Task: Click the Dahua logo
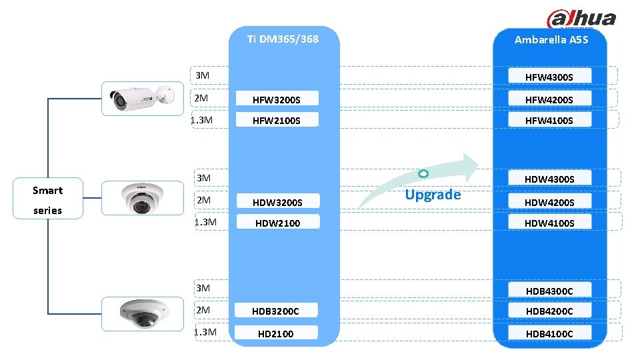point(581,19)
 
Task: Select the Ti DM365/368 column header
point(283,39)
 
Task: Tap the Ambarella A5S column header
point(551,39)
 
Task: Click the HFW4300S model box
point(549,77)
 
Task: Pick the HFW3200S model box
point(276,100)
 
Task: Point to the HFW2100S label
point(276,121)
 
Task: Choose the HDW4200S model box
point(549,202)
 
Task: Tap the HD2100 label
point(276,333)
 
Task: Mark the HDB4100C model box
point(549,333)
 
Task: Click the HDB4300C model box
point(549,291)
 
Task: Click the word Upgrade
point(433,195)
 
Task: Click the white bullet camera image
point(141,99)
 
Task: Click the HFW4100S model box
point(549,121)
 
